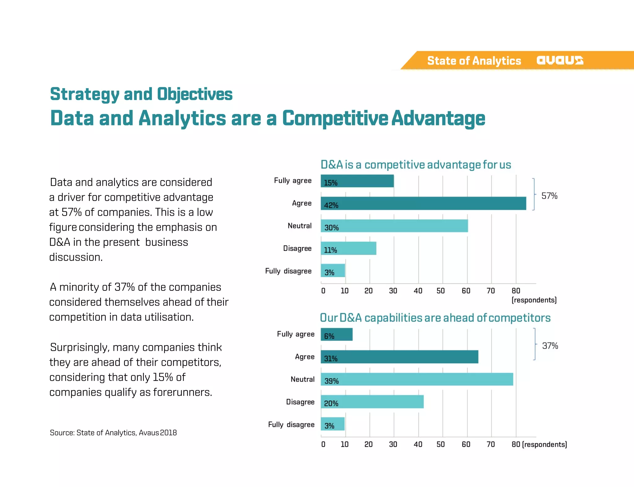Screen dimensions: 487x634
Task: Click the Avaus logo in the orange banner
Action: point(560,60)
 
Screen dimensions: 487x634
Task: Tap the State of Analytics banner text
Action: point(474,61)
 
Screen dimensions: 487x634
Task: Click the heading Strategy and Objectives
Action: point(141,94)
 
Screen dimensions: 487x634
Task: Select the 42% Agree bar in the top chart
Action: point(423,203)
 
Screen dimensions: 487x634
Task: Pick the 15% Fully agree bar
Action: point(357,181)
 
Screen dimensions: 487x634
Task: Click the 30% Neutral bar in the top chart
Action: point(394,226)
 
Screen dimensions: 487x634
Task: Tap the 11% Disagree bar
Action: point(348,249)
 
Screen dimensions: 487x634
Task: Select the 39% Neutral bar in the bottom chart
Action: point(417,380)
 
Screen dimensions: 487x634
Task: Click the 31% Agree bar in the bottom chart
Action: point(399,357)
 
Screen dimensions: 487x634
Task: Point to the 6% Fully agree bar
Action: point(337,335)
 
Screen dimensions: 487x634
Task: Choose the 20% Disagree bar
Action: point(372,402)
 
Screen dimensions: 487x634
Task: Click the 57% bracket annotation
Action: point(549,196)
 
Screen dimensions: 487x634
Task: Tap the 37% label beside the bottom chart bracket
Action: point(550,346)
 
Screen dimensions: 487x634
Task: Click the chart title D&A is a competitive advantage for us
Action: point(416,165)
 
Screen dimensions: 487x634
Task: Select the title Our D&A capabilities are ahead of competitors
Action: point(435,318)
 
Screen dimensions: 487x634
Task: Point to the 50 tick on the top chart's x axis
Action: point(441,291)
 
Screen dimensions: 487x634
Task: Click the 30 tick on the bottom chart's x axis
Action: point(393,445)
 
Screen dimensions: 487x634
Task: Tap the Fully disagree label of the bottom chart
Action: point(291,424)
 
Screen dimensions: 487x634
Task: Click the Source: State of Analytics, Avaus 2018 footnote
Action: point(113,433)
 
